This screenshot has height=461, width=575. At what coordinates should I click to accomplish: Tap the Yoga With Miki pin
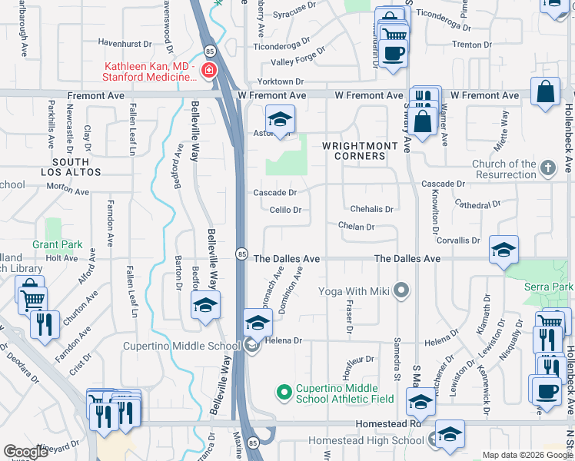[x=401, y=291]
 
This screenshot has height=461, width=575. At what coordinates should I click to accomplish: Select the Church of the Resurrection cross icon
[x=547, y=167]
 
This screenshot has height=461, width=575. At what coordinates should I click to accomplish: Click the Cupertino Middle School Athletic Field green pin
[x=283, y=392]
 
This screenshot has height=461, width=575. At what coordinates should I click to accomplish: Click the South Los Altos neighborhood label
[x=71, y=167]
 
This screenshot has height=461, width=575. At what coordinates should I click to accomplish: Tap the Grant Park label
[x=57, y=245]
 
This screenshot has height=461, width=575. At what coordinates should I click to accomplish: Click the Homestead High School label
[x=366, y=441]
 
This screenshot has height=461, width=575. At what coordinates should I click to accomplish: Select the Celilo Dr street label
[x=284, y=210]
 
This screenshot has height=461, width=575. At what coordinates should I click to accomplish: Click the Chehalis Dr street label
[x=371, y=209]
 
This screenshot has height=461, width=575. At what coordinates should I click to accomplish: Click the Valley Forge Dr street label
[x=298, y=61]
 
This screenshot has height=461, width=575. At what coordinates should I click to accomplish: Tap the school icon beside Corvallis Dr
[x=504, y=250]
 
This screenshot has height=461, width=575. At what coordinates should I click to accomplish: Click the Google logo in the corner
[x=26, y=452]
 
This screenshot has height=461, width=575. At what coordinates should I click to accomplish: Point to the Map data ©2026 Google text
[x=527, y=455]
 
